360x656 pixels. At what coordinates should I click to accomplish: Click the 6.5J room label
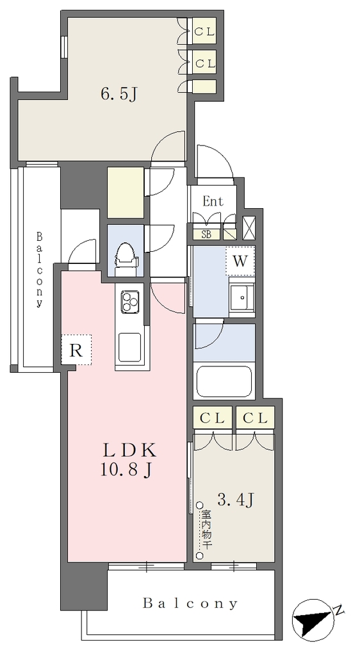pyautogui.click(x=119, y=94)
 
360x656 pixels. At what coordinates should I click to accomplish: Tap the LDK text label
pyautogui.click(x=130, y=452)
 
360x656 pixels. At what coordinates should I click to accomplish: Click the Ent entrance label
pyautogui.click(x=213, y=202)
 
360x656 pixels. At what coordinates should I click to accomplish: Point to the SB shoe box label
pyautogui.click(x=206, y=234)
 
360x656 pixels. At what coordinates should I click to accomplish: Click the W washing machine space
pyautogui.click(x=240, y=261)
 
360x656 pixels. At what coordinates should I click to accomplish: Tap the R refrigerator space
pyautogui.click(x=76, y=350)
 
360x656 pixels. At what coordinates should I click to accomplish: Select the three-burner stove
pyautogui.click(x=129, y=301)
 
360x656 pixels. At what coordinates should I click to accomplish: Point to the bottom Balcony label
pyautogui.click(x=190, y=603)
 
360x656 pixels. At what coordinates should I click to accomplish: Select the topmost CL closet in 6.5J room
pyautogui.click(x=204, y=31)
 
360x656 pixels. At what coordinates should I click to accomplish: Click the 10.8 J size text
pyautogui.click(x=126, y=471)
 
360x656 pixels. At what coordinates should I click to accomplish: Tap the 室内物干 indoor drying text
pyautogui.click(x=206, y=529)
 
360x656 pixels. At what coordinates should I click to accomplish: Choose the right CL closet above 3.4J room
pyautogui.click(x=255, y=418)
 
